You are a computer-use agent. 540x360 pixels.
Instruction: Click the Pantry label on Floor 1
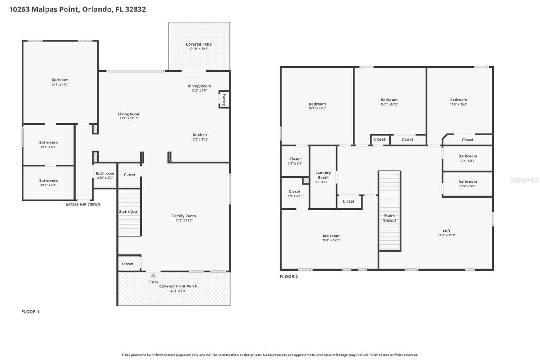pyautogui.click(x=224, y=100)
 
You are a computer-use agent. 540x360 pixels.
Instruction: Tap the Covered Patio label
pyautogui.click(x=199, y=44)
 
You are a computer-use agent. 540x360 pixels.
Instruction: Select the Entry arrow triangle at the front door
pyautogui.click(x=153, y=276)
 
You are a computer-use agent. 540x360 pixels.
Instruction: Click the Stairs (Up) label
pyautogui.click(x=129, y=211)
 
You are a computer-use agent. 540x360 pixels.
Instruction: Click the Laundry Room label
pyautogui.click(x=323, y=175)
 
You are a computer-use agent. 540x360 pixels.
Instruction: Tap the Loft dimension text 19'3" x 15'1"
pyautogui.click(x=446, y=235)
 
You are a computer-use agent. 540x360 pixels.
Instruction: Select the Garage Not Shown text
pyautogui.click(x=83, y=204)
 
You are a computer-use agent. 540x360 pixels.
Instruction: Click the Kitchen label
pyautogui.click(x=200, y=135)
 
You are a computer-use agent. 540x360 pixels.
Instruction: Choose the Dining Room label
pyautogui.click(x=199, y=86)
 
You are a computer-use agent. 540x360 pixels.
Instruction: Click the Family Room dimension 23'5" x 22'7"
pyautogui.click(x=184, y=220)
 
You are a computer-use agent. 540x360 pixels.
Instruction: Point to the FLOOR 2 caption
pyautogui.click(x=289, y=276)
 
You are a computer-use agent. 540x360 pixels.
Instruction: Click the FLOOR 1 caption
pyautogui.click(x=30, y=311)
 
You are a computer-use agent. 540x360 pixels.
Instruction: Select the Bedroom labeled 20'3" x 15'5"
pyautogui.click(x=331, y=236)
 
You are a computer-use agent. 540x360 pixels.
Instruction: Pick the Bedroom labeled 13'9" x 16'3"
pyautogui.click(x=458, y=100)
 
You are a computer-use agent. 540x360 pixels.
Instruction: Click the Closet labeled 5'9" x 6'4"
pyautogui.click(x=295, y=159)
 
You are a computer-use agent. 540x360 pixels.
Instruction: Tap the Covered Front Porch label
pyautogui.click(x=178, y=286)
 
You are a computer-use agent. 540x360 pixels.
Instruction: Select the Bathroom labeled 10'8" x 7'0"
pyautogui.click(x=49, y=181)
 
